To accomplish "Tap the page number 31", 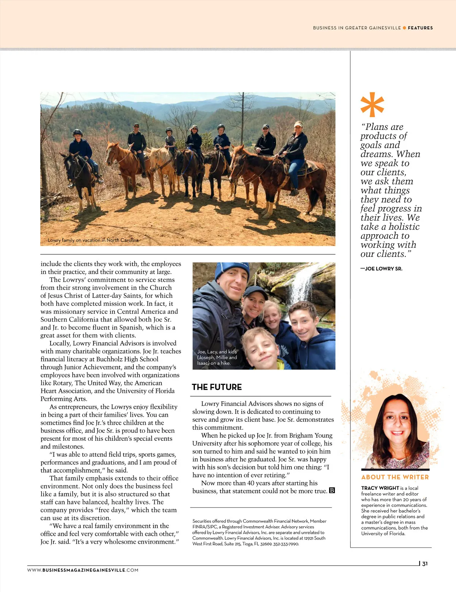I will tap(425, 564).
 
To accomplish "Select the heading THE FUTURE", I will tap(217, 387).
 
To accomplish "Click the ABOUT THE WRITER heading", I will tap(395, 477).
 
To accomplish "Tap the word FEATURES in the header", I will tap(420, 28).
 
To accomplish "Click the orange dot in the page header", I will tap(404, 28).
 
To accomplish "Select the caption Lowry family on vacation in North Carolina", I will tap(93, 240).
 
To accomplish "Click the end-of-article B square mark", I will tap(332, 491).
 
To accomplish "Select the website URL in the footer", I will tap(83, 570).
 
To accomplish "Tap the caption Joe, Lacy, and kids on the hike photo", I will tap(217, 357).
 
